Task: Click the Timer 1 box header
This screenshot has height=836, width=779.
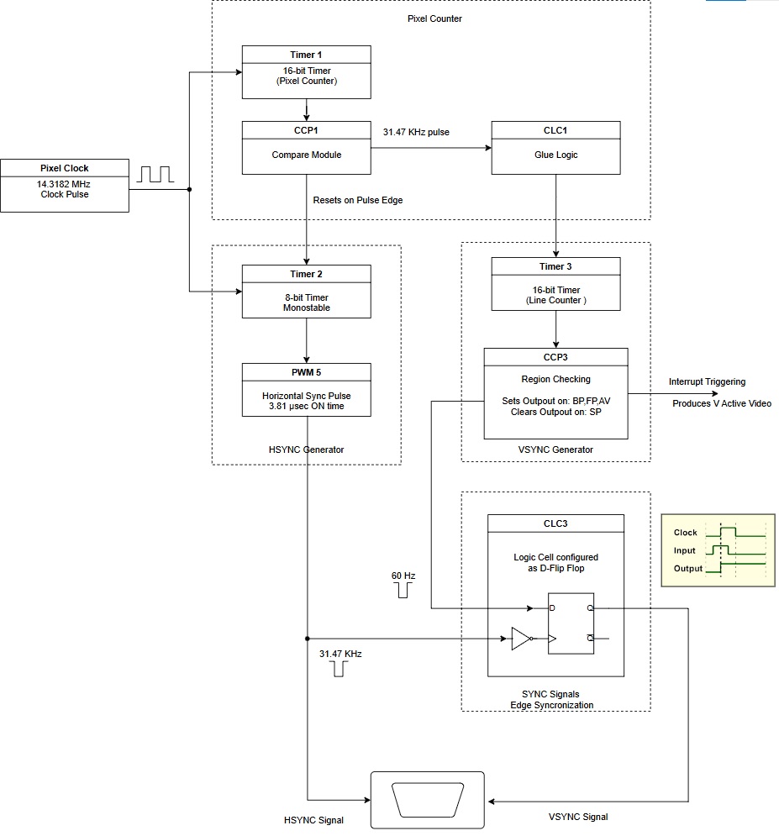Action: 306,55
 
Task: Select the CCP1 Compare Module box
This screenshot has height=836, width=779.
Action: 306,148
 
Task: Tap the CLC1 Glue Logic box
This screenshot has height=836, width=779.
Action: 555,148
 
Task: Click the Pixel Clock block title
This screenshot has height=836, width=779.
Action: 65,168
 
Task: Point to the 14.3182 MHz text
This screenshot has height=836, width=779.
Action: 65,182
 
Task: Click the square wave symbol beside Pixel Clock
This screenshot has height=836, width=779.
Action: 155,174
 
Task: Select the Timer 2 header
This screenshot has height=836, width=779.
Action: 306,274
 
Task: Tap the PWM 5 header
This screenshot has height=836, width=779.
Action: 306,371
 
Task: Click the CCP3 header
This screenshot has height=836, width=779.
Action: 555,357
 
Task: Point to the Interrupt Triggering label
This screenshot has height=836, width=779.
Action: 707,382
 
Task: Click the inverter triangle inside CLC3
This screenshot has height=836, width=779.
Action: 521,639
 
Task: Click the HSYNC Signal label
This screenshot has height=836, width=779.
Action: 313,819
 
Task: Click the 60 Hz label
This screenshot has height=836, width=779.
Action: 403,576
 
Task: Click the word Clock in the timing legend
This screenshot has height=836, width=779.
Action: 686,533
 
